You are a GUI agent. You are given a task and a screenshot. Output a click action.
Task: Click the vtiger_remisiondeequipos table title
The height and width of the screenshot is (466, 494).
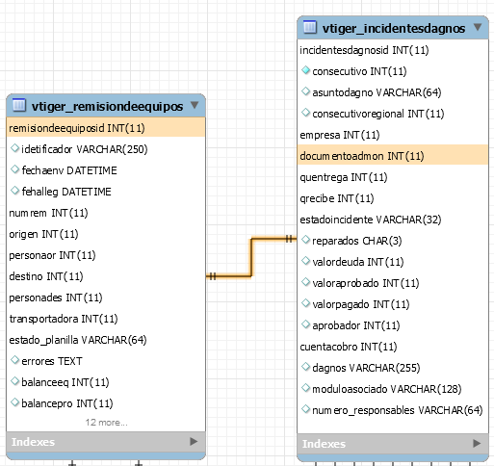click(107, 106)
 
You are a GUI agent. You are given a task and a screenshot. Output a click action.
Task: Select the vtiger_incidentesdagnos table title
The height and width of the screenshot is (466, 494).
click(394, 29)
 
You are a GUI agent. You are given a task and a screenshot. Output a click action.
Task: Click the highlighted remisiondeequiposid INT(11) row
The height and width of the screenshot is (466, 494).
click(106, 128)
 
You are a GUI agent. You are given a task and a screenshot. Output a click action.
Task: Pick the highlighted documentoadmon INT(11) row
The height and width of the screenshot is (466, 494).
click(393, 155)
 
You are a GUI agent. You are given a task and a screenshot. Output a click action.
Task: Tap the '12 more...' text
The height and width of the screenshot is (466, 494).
click(106, 423)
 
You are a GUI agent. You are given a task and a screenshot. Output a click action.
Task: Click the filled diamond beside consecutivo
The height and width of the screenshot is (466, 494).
click(305, 70)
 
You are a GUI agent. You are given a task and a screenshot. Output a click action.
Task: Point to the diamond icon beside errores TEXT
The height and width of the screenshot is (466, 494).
click(14, 360)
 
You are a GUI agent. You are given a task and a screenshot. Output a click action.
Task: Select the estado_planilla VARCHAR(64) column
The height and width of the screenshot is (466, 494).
click(78, 340)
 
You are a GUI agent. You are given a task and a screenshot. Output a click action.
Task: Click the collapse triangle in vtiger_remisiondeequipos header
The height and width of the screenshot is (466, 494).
click(195, 105)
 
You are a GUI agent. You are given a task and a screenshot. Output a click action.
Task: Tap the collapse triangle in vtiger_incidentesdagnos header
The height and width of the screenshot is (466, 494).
click(478, 27)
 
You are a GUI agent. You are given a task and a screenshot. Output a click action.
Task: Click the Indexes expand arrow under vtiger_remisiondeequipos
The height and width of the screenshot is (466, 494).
click(194, 442)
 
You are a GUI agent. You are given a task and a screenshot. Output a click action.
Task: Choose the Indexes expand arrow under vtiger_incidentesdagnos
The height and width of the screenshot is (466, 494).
click(477, 443)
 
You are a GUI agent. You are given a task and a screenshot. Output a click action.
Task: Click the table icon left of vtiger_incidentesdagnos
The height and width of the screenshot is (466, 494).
click(310, 27)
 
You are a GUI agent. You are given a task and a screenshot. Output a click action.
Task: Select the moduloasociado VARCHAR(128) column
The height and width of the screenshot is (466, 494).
click(387, 389)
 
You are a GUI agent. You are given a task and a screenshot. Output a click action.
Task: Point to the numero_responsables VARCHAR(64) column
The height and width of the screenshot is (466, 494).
click(398, 410)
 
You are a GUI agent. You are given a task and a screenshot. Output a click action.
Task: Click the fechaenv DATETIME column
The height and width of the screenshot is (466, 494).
click(69, 170)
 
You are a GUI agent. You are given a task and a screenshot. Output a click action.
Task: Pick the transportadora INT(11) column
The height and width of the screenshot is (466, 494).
click(64, 319)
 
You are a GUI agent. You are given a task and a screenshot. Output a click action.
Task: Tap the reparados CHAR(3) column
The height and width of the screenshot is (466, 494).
click(357, 241)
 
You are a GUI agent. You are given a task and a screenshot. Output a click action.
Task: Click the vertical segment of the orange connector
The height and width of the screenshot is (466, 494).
click(251, 257)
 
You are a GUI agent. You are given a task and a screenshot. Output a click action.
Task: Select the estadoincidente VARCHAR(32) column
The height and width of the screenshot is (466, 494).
click(371, 220)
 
